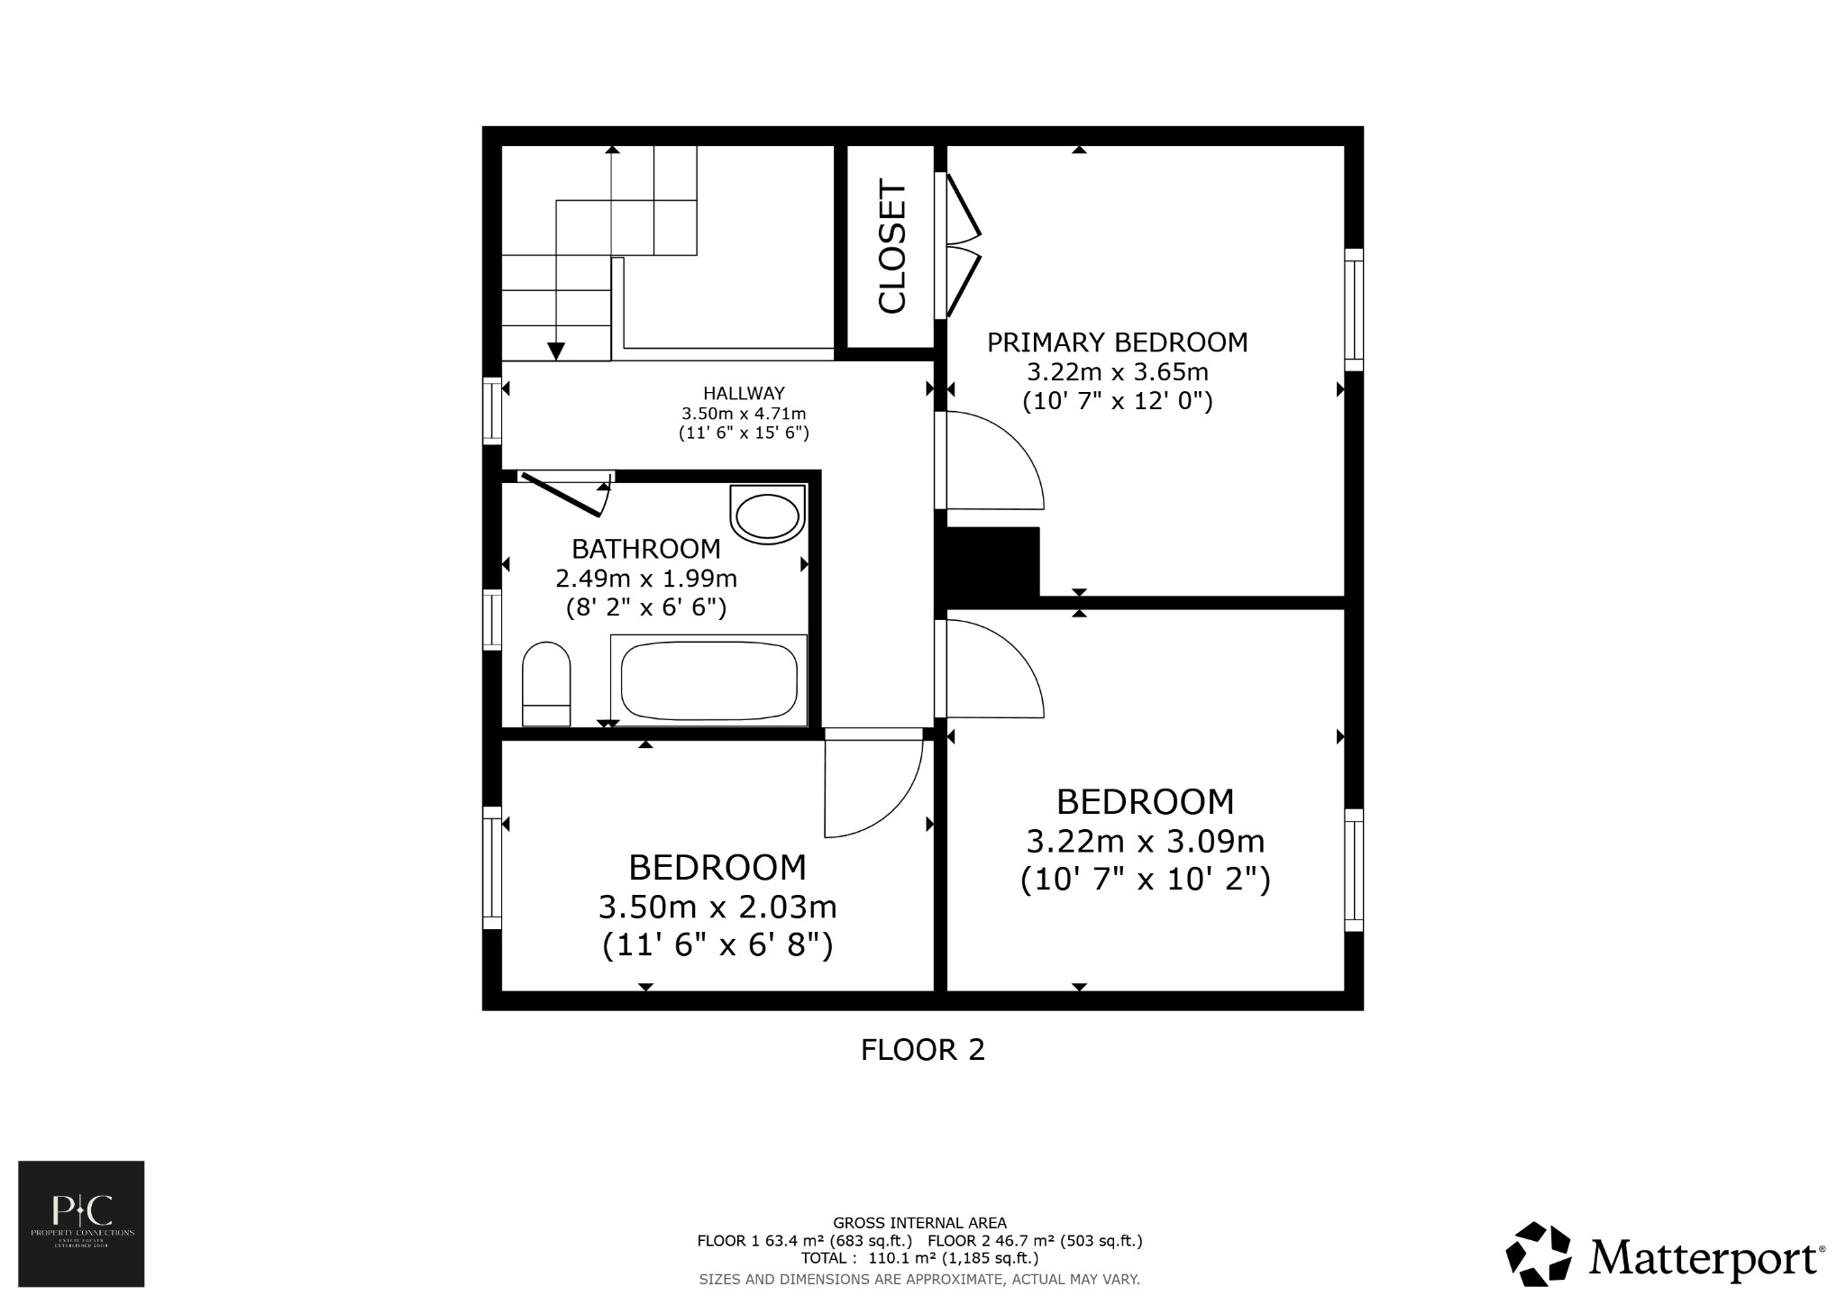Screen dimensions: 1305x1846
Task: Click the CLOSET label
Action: click(x=891, y=249)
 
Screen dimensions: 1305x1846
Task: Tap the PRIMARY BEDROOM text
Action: click(x=1117, y=342)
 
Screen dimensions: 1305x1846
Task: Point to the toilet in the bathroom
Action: click(x=546, y=683)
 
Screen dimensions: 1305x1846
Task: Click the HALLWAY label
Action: click(x=744, y=393)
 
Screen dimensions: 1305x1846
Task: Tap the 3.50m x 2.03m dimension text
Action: click(x=717, y=906)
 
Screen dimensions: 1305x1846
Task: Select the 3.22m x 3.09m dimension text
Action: click(x=1145, y=841)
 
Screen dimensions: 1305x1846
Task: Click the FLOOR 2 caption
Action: click(x=922, y=1050)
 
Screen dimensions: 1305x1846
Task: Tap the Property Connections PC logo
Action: click(x=81, y=1223)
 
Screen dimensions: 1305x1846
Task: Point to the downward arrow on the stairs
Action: click(x=556, y=351)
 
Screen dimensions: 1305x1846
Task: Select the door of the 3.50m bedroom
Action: click(x=873, y=782)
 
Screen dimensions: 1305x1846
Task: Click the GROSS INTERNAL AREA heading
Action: click(x=919, y=1223)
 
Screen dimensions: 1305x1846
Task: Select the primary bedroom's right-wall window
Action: click(x=1353, y=309)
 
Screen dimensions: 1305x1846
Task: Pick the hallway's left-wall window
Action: click(x=491, y=411)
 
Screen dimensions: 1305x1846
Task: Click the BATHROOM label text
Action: click(x=646, y=548)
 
